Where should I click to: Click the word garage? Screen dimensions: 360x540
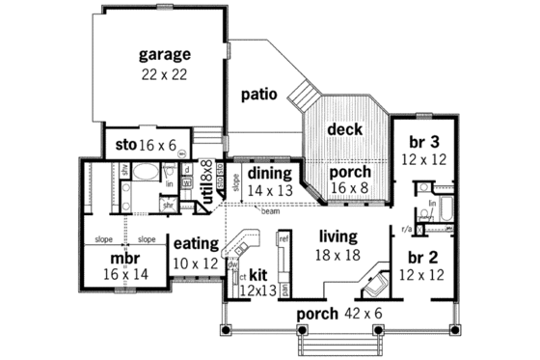(163, 54)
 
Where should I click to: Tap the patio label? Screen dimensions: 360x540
(260, 95)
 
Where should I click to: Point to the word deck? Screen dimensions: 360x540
(344, 128)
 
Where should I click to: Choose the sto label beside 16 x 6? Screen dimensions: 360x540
(125, 145)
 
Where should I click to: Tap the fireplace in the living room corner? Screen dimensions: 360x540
(373, 284)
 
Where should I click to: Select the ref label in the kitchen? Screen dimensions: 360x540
(283, 235)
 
